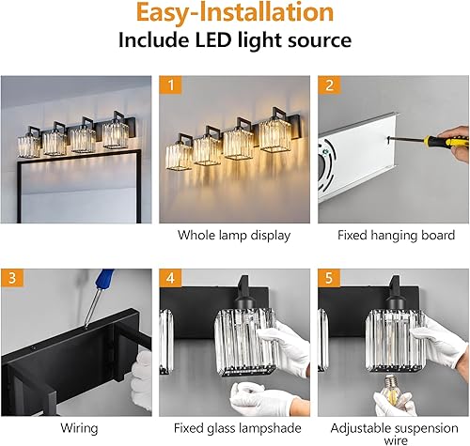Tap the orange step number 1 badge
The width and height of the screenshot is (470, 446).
pyautogui.click(x=169, y=85)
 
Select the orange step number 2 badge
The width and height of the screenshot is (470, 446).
pyautogui.click(x=328, y=85)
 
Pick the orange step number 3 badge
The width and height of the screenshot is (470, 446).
pyautogui.click(x=12, y=279)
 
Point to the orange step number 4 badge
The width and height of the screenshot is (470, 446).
pyautogui.click(x=169, y=279)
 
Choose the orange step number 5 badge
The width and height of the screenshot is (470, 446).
pyautogui.click(x=328, y=279)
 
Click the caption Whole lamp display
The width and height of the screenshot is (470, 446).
pyautogui.click(x=233, y=235)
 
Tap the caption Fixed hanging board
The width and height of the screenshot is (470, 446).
pyautogui.click(x=393, y=235)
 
